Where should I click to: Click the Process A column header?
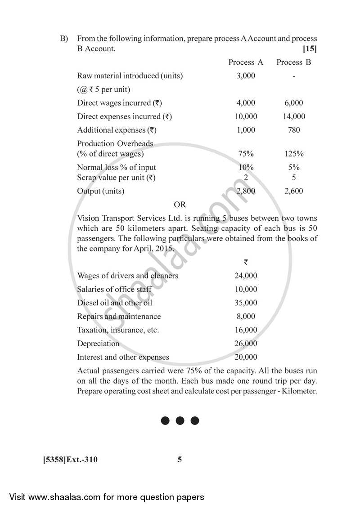pyautogui.click(x=246, y=62)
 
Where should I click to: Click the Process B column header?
pyautogui.click(x=293, y=62)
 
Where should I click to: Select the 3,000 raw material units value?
pyautogui.click(x=246, y=76)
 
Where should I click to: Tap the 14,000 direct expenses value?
pyautogui.click(x=294, y=116)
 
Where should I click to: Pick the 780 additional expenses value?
pyautogui.click(x=294, y=130)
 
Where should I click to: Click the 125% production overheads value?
pyautogui.click(x=294, y=154)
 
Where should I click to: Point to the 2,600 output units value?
pyautogui.click(x=294, y=191)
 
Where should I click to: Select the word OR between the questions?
pyautogui.click(x=180, y=205)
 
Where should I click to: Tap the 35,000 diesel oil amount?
pyautogui.click(x=246, y=303)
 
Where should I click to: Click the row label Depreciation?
pyautogui.click(x=98, y=344)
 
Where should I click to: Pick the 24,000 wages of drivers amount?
pyautogui.click(x=246, y=276)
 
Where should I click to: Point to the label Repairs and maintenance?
pyautogui.click(x=119, y=317)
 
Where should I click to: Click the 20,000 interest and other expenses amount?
pyautogui.click(x=246, y=357)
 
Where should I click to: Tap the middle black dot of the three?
pyautogui.click(x=180, y=421)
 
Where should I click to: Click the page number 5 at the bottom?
pyautogui.click(x=180, y=460)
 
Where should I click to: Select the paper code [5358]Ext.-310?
pyautogui.click(x=70, y=460)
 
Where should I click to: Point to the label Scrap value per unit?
pyautogui.click(x=116, y=178)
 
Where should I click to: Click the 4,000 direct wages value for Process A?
pyautogui.click(x=246, y=103)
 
